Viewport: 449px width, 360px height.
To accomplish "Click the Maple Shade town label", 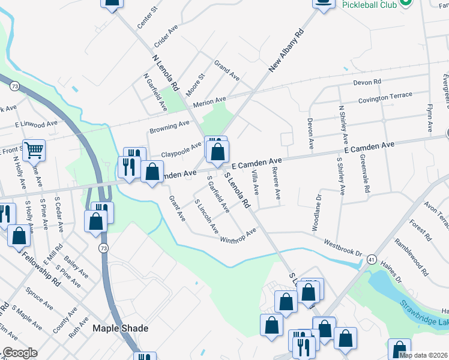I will click(x=120, y=329).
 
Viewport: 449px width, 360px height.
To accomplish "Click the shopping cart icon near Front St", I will click(x=34, y=150).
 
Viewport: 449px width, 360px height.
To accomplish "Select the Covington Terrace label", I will click(x=385, y=97).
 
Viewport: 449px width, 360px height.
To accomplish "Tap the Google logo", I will click(x=19, y=353).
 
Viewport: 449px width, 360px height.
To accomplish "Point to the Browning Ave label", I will click(x=169, y=127).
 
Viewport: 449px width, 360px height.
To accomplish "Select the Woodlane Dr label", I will click(x=317, y=212).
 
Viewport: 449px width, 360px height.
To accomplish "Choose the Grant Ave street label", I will click(x=177, y=207).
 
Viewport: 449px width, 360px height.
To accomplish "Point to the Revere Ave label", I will click(x=276, y=186).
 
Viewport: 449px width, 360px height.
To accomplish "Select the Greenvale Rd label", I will click(x=364, y=173).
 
